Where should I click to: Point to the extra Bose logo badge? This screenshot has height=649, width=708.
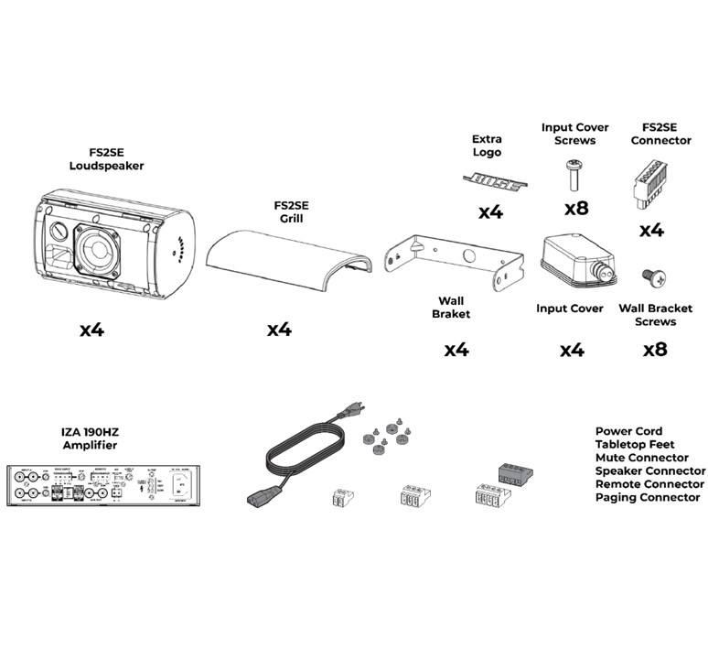pos(492,183)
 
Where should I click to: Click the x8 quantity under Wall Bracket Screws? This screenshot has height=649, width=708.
pos(655,349)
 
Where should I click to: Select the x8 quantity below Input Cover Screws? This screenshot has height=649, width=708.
pos(576,208)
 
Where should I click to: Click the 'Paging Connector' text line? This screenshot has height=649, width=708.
pos(647,497)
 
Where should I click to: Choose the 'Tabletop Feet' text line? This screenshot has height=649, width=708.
pos(634,444)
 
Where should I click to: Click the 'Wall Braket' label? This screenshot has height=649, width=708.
pos(451,308)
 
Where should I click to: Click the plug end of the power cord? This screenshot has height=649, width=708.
pos(258,498)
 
